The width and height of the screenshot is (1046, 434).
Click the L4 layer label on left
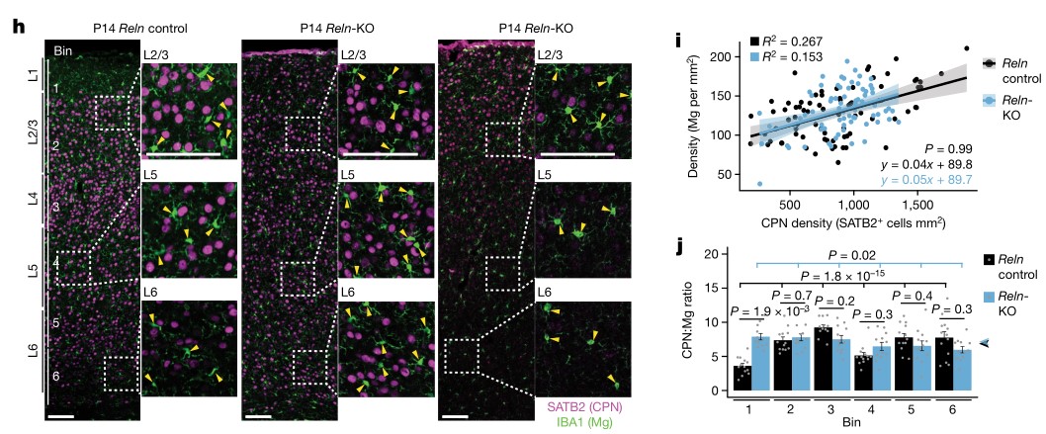(x=32, y=197)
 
